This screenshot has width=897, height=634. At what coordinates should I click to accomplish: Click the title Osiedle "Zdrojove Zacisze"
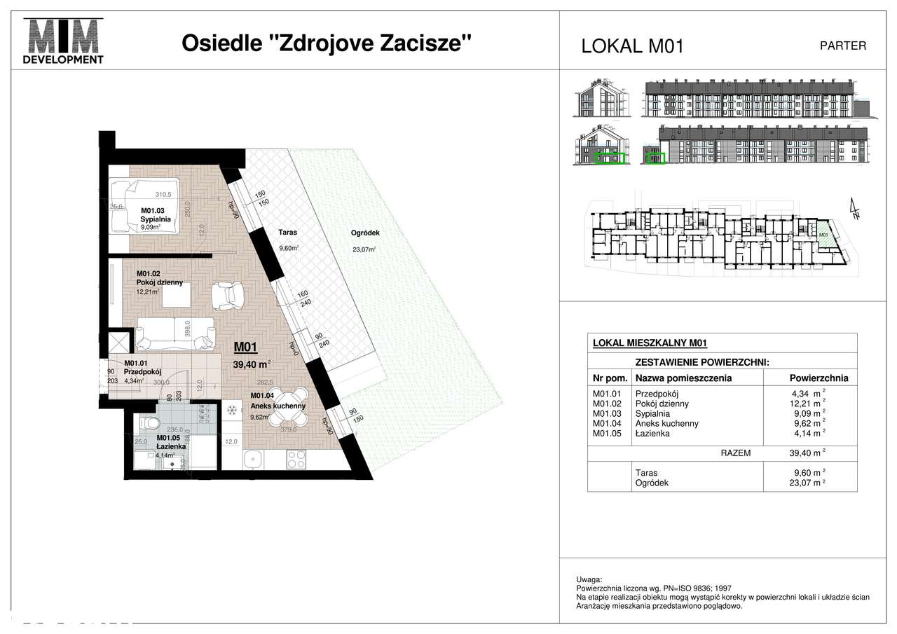tap(327, 43)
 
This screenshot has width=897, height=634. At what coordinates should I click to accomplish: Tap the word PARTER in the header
tap(842, 46)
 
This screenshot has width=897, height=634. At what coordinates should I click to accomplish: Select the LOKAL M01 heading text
tap(632, 46)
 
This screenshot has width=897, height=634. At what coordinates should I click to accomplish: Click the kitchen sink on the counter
tap(254, 460)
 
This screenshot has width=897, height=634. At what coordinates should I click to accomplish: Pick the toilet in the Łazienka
tap(149, 424)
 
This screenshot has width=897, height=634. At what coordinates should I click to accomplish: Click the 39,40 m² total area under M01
tap(251, 364)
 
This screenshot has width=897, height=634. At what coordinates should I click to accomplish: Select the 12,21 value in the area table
tap(803, 404)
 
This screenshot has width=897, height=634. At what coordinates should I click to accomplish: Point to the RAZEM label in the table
tap(735, 453)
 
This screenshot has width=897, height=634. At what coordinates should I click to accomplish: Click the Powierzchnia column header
tap(819, 378)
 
